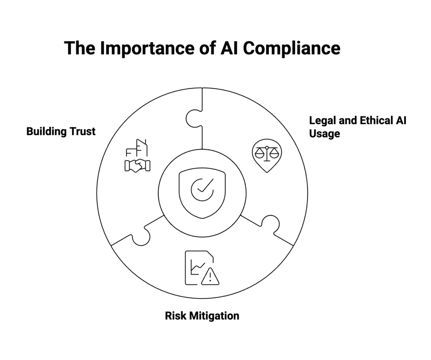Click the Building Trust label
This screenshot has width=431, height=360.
coord(61,131)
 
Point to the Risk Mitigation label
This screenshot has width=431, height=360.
coord(202,315)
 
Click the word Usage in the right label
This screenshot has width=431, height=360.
coord(324,133)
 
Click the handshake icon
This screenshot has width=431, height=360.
coord(138,165)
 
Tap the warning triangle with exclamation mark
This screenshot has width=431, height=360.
coord(210,276)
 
